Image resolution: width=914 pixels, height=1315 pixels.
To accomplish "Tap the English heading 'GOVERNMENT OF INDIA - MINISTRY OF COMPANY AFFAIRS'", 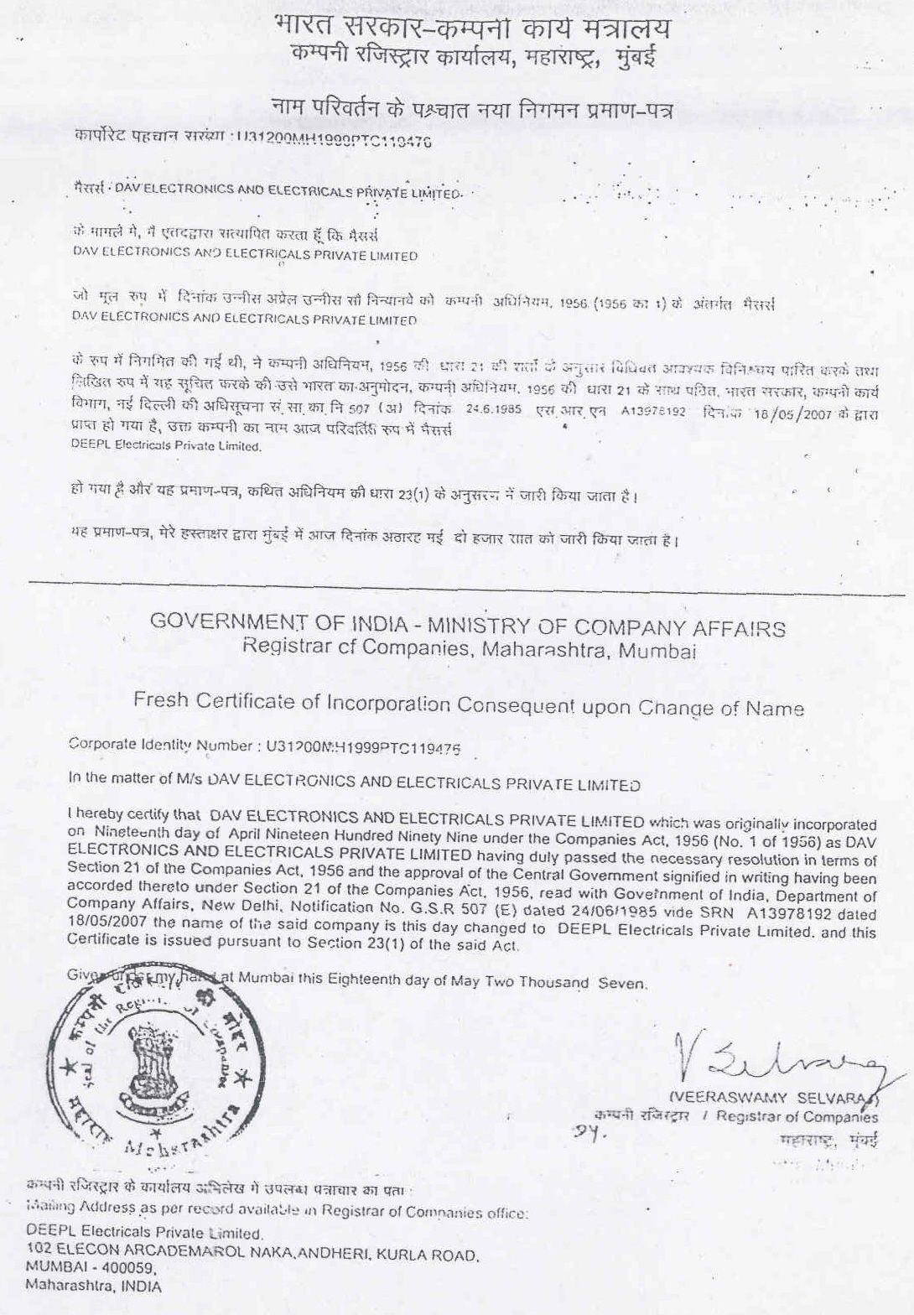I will pyautogui.click(x=468, y=626).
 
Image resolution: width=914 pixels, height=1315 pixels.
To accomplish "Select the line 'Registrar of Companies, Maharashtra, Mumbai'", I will pyautogui.click(x=470, y=648).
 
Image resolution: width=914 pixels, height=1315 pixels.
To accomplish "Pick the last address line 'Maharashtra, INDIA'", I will pyautogui.click(x=94, y=1285).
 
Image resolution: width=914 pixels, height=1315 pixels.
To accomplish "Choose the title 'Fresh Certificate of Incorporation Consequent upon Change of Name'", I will pyautogui.click(x=468, y=704).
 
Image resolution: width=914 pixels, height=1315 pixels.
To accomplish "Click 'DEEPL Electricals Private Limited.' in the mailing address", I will pyautogui.click(x=144, y=1234).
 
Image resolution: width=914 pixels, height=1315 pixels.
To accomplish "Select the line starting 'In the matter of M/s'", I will pyautogui.click(x=354, y=782).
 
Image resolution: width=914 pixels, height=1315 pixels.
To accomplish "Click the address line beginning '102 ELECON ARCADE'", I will pyautogui.click(x=252, y=1255).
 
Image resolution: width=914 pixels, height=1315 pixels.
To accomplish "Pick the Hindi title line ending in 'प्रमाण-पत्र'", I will pyautogui.click(x=472, y=108).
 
